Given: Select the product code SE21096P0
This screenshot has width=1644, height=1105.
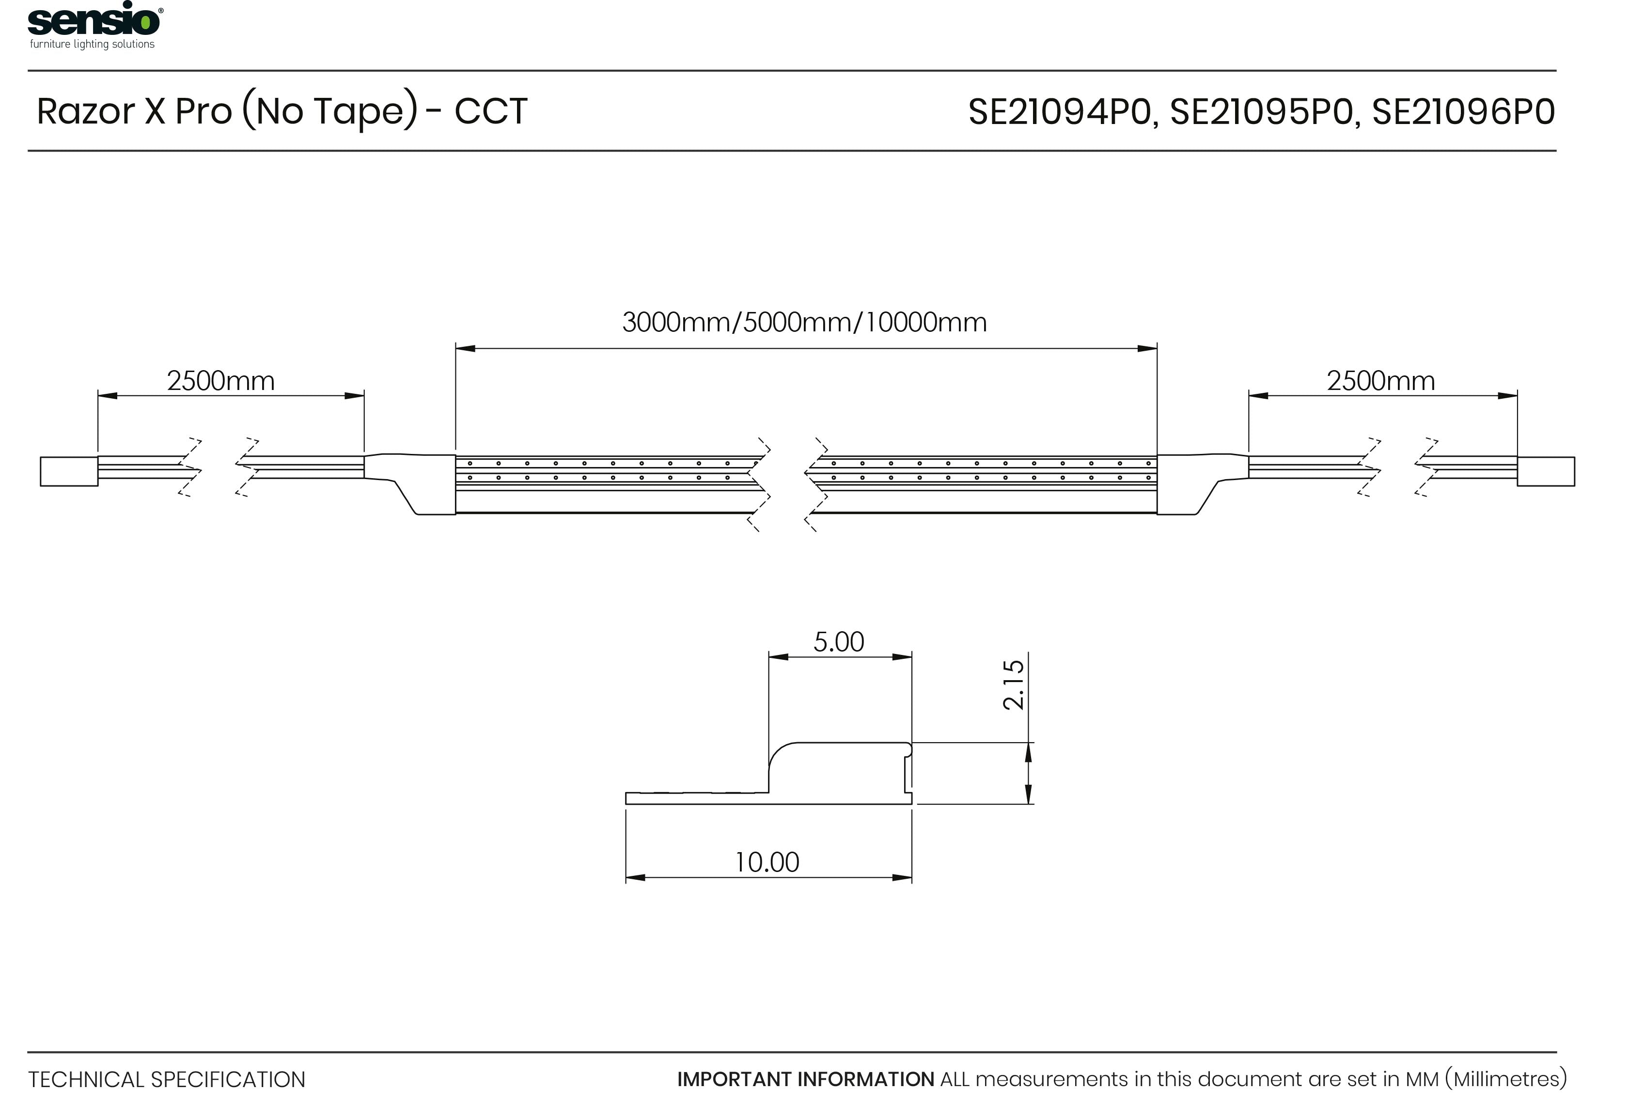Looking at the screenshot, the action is pos(1464,112).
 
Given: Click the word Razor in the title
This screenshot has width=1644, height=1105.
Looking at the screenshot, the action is pos(85,111).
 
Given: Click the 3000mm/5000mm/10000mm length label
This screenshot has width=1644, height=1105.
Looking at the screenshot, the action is pos(804,322).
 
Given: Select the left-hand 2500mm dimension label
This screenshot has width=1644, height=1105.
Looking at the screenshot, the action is pos(220,381).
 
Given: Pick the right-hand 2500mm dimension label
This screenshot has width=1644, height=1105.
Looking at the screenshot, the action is pos(1380,381).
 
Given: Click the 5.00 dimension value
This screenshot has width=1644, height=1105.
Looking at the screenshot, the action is pos(839,642).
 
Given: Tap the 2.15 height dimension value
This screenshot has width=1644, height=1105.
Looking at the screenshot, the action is pos(1013,685).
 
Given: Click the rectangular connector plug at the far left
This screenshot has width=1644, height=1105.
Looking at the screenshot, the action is pos(69,471).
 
